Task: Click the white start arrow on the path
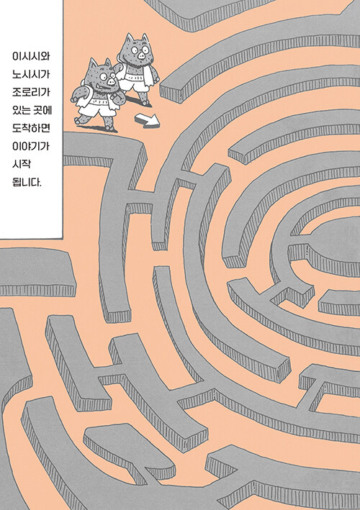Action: click(148, 120)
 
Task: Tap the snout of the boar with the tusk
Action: click(112, 81)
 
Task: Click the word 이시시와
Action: click(31, 56)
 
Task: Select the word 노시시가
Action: click(31, 74)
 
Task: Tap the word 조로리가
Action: click(31, 92)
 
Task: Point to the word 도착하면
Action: click(31, 128)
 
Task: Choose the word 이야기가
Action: click(31, 146)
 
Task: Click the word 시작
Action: click(22, 163)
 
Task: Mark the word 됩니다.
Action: click(27, 182)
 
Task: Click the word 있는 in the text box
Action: click(22, 110)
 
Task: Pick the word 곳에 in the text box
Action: click(42, 110)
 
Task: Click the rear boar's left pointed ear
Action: click(130, 38)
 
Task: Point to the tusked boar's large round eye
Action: click(103, 77)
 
